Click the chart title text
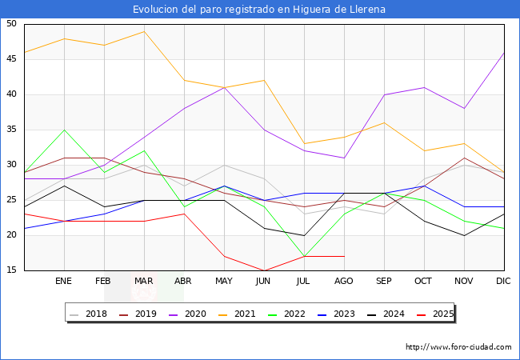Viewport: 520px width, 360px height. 259,10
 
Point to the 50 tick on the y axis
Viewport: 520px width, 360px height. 11,24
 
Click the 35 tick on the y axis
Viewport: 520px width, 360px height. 11,130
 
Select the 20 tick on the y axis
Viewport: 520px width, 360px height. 11,235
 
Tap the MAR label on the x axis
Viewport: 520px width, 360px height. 144,282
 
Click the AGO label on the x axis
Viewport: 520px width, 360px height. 344,282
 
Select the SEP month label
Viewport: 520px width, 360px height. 384,282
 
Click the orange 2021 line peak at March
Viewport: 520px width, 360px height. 144,31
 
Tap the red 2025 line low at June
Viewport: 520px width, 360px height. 264,270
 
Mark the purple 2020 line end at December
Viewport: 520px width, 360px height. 504,53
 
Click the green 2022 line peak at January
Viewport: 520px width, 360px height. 64,130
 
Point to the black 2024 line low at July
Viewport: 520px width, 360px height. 304,235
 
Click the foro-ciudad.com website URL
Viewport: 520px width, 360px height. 458,347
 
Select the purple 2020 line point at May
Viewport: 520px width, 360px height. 224,87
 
